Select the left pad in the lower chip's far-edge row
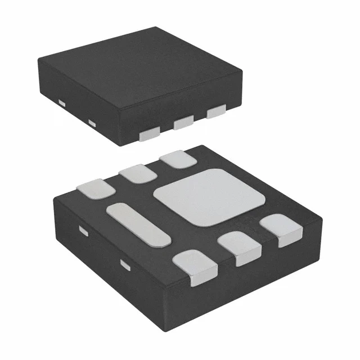[x=97, y=188]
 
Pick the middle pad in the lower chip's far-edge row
[x=137, y=173]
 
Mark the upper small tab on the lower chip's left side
[x=83, y=230]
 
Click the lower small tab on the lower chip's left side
[x=125, y=263]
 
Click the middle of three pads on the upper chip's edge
[x=183, y=122]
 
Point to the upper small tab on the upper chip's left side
[x=62, y=102]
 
